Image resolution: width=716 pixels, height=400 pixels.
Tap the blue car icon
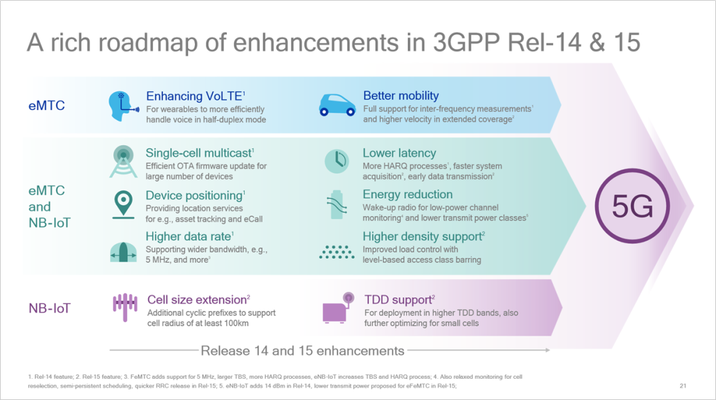337,105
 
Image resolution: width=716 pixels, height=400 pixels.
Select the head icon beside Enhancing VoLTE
123,106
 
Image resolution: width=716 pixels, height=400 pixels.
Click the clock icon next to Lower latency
337,160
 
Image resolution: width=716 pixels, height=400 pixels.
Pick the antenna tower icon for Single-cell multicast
123,161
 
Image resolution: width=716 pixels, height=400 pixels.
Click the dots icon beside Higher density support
337,252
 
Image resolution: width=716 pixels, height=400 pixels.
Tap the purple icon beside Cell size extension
125,307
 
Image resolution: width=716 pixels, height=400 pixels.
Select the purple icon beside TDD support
338,308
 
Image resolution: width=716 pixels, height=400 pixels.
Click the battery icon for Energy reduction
337,205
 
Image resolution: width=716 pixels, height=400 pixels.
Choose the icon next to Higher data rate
123,252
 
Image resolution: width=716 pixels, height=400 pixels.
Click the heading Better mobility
401,95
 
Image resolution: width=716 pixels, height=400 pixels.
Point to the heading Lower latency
399,153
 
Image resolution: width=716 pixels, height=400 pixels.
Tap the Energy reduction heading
407,194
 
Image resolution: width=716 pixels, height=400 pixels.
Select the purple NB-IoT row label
49,309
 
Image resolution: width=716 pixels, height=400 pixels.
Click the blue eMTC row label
46,105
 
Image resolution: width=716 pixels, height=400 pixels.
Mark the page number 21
683,386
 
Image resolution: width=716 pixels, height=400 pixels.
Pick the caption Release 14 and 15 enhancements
302,351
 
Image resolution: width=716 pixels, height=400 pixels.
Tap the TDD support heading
399,299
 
